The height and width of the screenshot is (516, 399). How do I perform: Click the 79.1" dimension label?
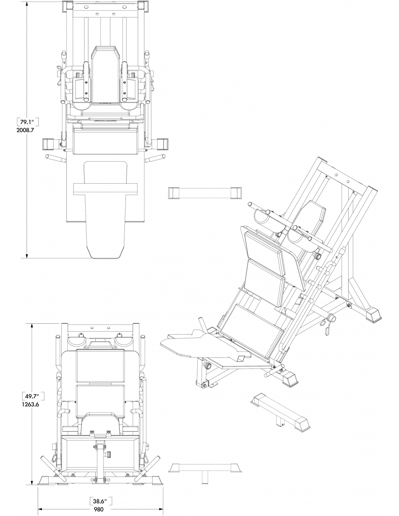coord(26,122)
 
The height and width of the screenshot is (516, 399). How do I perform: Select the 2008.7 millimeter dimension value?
coord(25,130)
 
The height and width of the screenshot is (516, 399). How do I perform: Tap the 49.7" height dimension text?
coord(32,396)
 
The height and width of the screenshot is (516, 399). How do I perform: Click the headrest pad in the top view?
coord(105,74)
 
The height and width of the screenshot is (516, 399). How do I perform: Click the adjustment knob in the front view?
coord(109,454)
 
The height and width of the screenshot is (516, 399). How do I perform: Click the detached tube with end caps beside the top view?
coord(205,193)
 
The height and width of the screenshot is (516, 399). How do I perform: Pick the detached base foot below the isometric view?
coord(280,412)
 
